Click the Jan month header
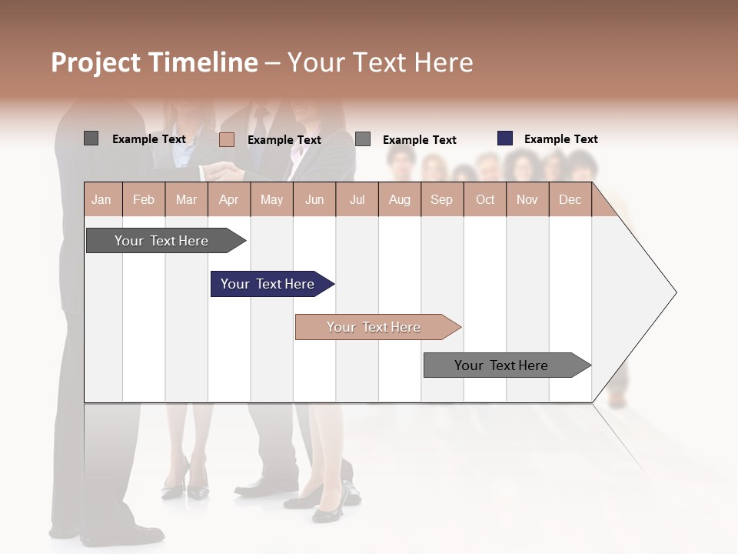pyautogui.click(x=102, y=199)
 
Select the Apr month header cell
pyautogui.click(x=229, y=199)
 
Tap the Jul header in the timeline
pyautogui.click(x=357, y=199)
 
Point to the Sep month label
pyautogui.click(x=441, y=199)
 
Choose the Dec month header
pyautogui.click(x=570, y=199)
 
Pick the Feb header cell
pyautogui.click(x=144, y=199)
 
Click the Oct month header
pyautogui.click(x=485, y=199)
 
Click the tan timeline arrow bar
pyautogui.click(x=374, y=327)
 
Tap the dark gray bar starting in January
pyautogui.click(x=161, y=241)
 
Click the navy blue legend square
pyautogui.click(x=505, y=138)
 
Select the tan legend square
pyautogui.click(x=227, y=139)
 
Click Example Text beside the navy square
pyautogui.click(x=560, y=139)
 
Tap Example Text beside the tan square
pyautogui.click(x=284, y=140)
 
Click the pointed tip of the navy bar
pyautogui.click(x=333, y=284)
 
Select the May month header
pyautogui.click(x=271, y=199)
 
